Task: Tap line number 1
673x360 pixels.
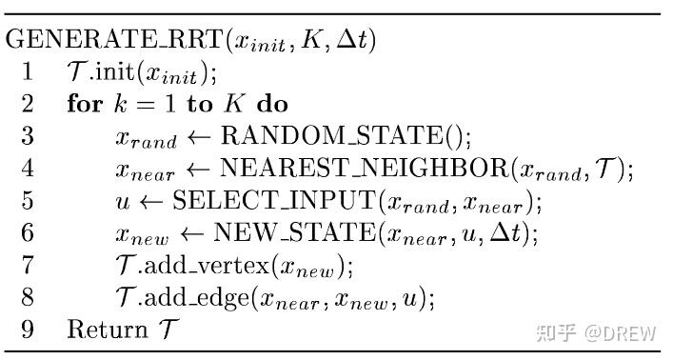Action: [x=28, y=73]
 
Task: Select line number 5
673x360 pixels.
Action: [x=28, y=201]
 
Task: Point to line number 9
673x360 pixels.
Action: [x=28, y=330]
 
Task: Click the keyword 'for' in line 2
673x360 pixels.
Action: [x=85, y=105]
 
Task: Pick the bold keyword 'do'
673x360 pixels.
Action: [x=271, y=105]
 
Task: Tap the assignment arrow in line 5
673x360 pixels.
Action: [x=148, y=202]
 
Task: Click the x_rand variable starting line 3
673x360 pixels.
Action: [x=146, y=139]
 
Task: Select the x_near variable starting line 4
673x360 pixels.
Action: [x=145, y=171]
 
